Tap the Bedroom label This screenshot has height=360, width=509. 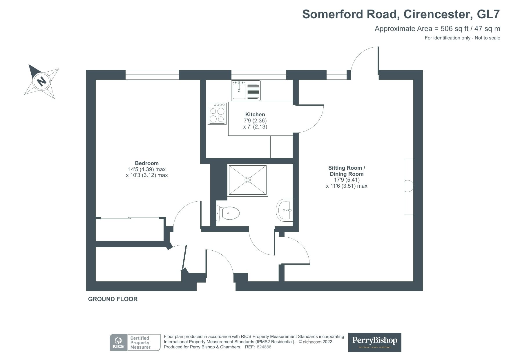coord(147,163)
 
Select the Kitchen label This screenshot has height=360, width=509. coord(255,114)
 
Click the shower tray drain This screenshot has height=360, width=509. coord(248,180)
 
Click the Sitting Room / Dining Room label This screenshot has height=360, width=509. coord(347,171)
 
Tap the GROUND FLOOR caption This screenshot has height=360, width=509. coord(113,299)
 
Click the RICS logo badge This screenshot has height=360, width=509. coord(118,342)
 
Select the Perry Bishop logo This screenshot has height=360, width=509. coord(375,342)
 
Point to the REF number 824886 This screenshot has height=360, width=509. coord(264,347)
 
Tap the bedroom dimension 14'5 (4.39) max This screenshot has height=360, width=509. coord(147,169)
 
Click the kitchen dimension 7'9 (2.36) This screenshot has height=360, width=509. coord(255,120)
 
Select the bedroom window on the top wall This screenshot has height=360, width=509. coord(152,75)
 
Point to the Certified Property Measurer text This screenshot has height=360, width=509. coord(140,343)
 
